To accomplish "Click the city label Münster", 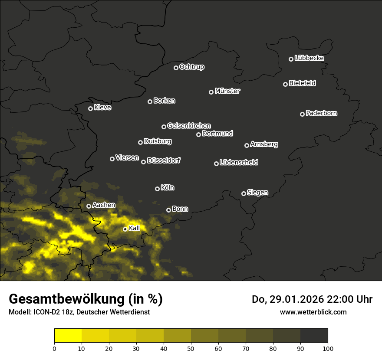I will coord(227,91).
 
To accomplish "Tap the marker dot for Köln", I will coord(157,189).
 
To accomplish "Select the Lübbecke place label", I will coord(309,58).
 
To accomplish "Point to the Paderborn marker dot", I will coord(302,114).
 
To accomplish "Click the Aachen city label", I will coord(104,205).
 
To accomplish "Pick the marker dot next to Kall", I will coord(125,229).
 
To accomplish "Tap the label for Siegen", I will coord(257,193).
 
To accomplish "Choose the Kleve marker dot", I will coord(90,108).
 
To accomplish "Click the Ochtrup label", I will coord(192,67).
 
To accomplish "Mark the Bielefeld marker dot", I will coord(285,84).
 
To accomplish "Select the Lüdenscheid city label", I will coord(239,163).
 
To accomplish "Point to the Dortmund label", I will coord(217,134).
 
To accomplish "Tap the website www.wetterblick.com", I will coord(313,312).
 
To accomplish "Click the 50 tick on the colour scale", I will coord(191,348).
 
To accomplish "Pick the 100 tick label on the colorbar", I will coord(328,348).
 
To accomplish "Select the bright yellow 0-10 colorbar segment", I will coord(68,336).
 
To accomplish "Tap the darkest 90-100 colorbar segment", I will coord(314,336).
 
